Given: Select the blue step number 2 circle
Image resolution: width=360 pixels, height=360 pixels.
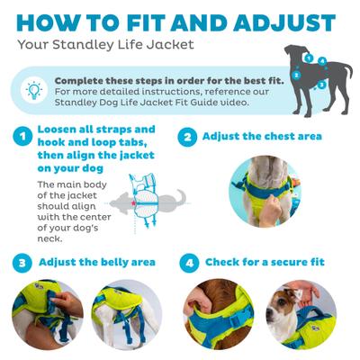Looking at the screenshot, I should pos(187,138).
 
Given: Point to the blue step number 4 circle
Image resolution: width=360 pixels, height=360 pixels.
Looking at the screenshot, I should pos(187,263).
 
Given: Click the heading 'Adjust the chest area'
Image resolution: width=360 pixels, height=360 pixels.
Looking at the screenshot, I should pos(261,138).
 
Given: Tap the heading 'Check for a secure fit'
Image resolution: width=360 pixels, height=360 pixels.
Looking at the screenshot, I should pos(265,263).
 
